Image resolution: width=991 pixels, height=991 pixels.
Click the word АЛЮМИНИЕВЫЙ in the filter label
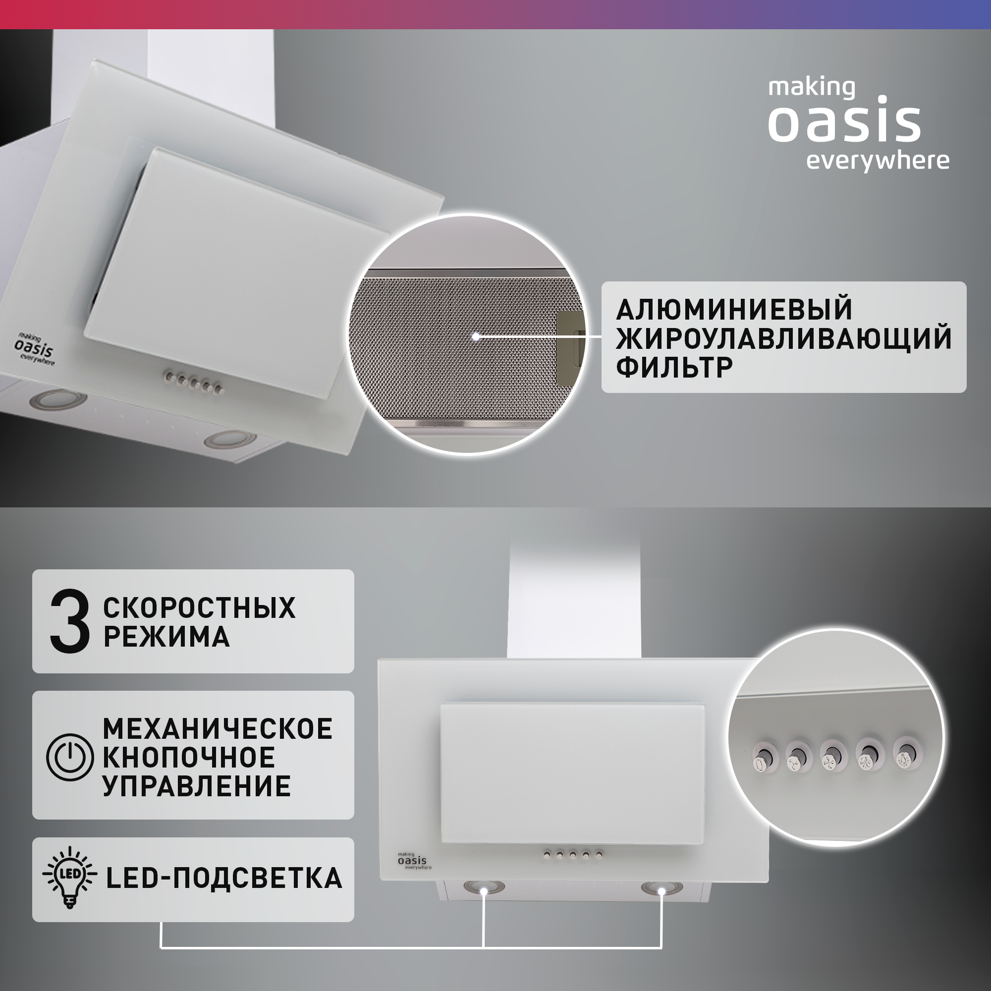tap(734, 309)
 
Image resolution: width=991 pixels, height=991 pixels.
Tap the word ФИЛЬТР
tap(674, 367)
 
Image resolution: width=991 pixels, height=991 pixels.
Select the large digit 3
tap(69, 621)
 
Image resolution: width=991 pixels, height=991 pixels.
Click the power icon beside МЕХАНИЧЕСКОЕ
tap(70, 757)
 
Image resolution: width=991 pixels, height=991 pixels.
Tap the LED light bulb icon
tap(70, 878)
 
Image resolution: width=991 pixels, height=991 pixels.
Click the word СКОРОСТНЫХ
tap(199, 608)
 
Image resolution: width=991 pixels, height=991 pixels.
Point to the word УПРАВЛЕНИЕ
tap(196, 786)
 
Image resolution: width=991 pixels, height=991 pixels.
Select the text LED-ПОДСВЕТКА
tap(223, 878)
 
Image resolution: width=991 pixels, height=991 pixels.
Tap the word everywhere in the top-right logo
tap(877, 161)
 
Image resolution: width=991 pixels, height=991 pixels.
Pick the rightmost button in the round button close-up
tap(906, 756)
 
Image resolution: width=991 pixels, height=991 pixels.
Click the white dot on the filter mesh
tap(476, 336)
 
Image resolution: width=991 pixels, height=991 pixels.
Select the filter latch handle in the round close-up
tap(570, 338)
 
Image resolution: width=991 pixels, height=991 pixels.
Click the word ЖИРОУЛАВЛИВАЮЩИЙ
tap(783, 338)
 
